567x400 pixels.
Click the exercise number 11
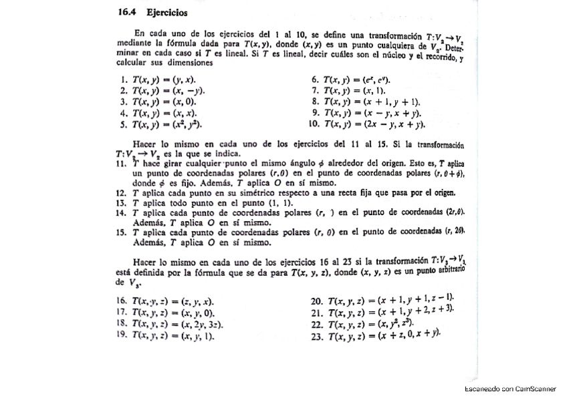121,162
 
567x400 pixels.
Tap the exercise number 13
121,202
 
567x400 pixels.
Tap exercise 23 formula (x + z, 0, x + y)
385,335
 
